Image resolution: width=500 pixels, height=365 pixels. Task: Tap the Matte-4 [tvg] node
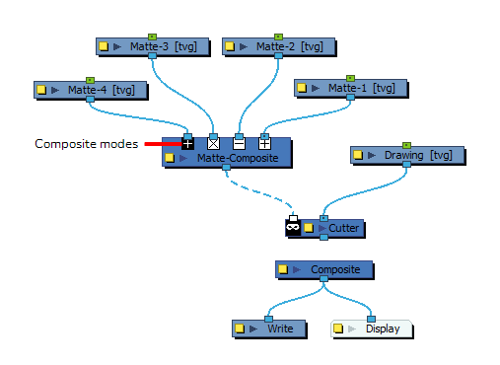tap(99, 90)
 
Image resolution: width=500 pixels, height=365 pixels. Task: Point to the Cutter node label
tap(344, 229)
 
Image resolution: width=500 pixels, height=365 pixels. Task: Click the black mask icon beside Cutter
tap(293, 228)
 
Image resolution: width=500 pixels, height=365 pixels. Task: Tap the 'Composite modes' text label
tap(87, 144)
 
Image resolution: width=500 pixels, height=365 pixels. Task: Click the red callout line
tap(162, 144)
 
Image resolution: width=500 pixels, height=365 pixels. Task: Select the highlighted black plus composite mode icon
tap(187, 144)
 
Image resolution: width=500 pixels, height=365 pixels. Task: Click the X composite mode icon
tap(213, 144)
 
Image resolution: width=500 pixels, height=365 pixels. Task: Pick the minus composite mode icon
tap(239, 144)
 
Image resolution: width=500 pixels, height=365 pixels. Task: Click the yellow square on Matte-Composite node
tap(171, 158)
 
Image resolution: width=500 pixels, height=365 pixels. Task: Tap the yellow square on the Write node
tap(241, 328)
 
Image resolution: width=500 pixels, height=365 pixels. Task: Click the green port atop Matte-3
tap(153, 36)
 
